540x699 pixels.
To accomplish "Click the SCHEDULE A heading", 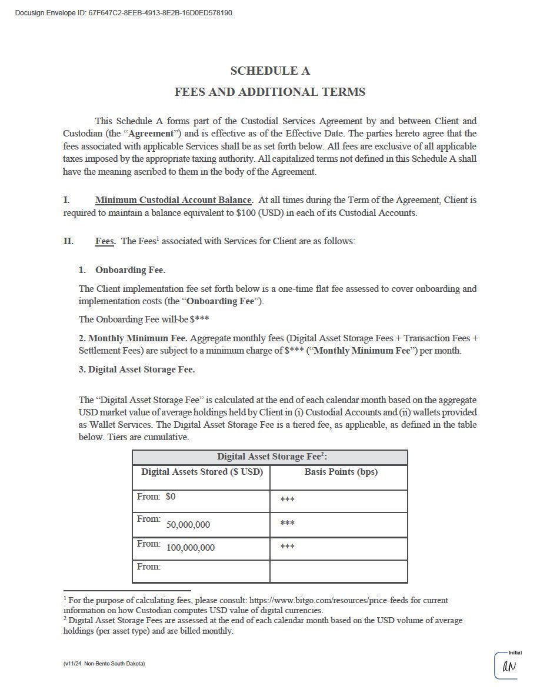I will coord(270,71).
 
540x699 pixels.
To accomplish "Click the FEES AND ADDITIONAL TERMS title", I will coord(270,92).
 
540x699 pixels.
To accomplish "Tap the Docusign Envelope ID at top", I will coord(124,13).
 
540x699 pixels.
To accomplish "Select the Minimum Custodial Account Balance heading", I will coord(174,200).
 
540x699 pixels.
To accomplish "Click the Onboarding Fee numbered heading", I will coord(130,270).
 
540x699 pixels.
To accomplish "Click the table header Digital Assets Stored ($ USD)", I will coord(202,472).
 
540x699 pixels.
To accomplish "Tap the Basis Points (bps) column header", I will coord(341,472).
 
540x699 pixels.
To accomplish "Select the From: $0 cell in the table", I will coord(156,497).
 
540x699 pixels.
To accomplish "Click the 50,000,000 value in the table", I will coord(188,525).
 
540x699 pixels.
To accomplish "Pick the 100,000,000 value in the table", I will coord(191,548).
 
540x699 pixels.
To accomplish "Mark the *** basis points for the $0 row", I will coord(287,500).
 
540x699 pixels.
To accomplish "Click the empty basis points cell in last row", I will coord(339,571).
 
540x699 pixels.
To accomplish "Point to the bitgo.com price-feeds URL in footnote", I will coord(336,600).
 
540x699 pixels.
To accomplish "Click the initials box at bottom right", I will coord(506,666).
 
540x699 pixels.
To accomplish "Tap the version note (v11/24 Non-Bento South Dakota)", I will coord(104,664).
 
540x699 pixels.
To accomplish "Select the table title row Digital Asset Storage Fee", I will coord(270,457).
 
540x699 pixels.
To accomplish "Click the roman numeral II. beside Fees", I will coord(69,241).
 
